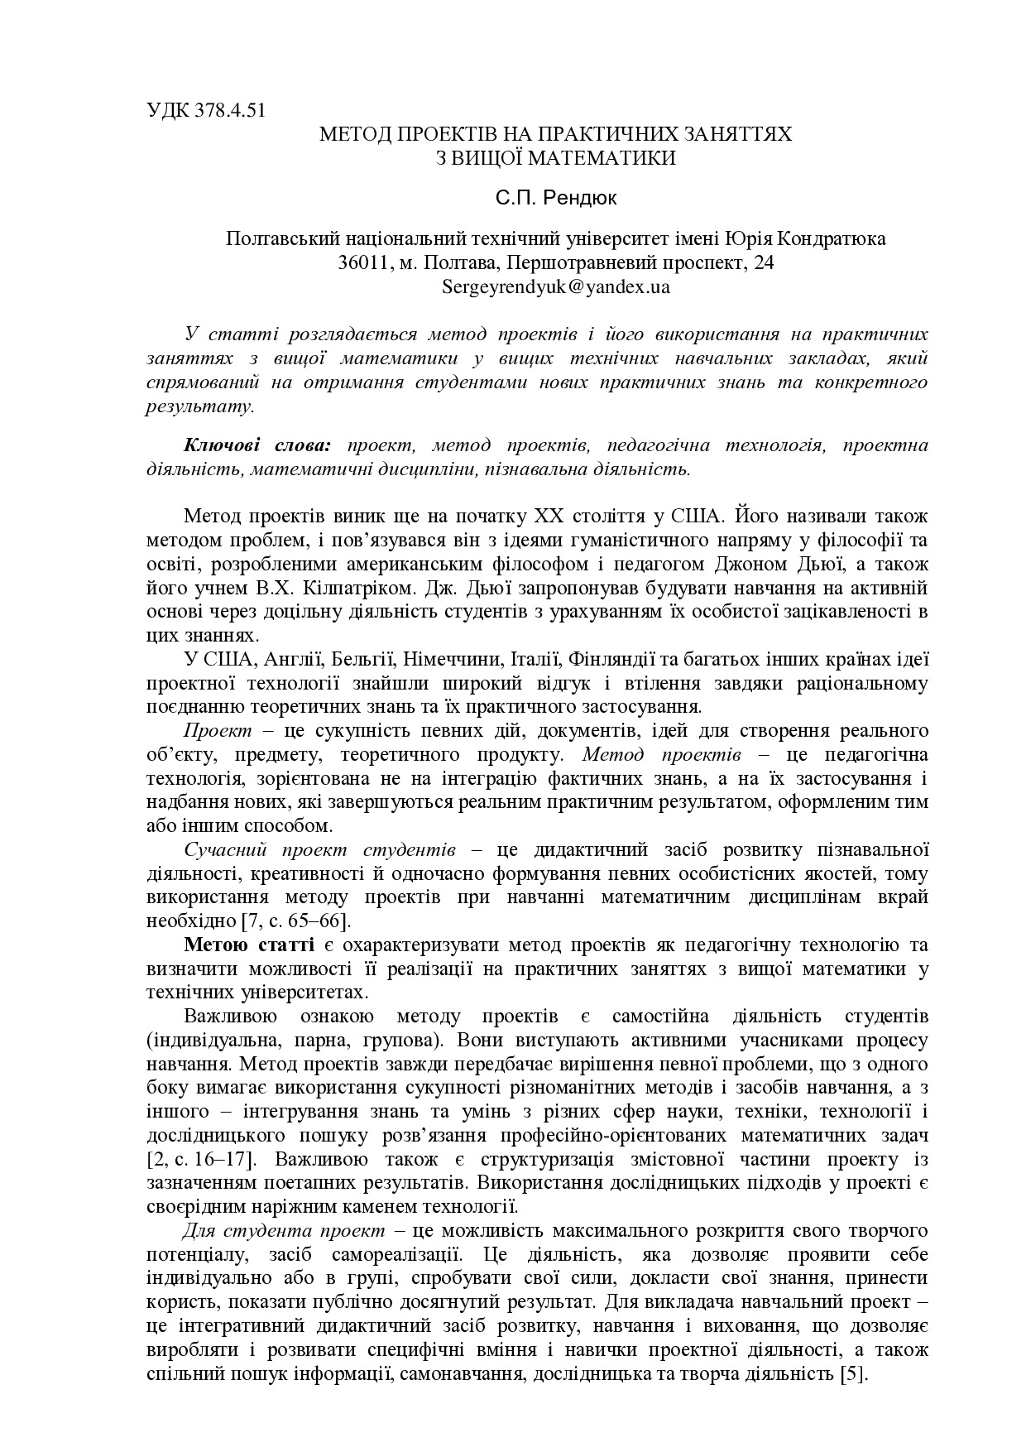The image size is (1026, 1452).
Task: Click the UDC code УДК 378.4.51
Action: coord(206,110)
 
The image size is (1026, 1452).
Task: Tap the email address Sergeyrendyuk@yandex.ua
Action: coord(556,287)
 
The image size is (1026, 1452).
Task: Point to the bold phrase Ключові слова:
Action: coord(256,445)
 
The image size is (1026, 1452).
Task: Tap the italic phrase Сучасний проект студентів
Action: coord(319,850)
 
